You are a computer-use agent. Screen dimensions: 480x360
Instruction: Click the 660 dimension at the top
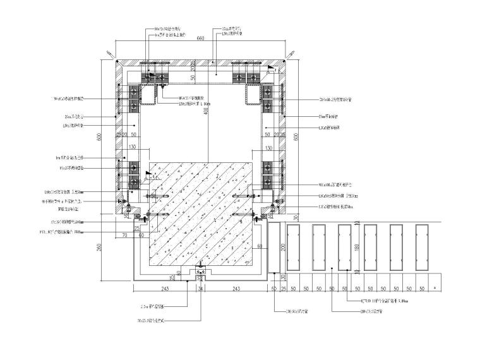tap(201, 39)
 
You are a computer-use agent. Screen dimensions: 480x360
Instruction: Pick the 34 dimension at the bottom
tap(201, 289)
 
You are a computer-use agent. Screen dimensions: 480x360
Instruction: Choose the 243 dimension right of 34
tap(236, 289)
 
